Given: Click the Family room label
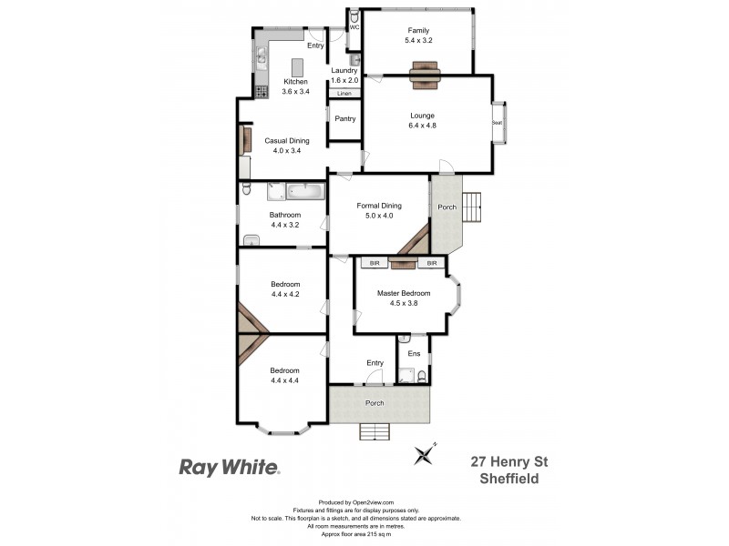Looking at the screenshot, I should (x=417, y=35).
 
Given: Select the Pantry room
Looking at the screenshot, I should (x=344, y=119).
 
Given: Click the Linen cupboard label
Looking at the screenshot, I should (x=344, y=94).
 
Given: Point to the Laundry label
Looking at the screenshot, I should (x=344, y=75).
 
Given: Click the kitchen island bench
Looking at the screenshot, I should (x=297, y=68).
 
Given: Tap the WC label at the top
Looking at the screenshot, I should (x=354, y=27).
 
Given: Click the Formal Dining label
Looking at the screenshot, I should (x=378, y=211).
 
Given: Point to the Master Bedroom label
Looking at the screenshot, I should (x=404, y=298).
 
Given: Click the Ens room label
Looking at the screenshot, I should (x=414, y=353).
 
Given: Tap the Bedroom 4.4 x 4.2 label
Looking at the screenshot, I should (x=284, y=289).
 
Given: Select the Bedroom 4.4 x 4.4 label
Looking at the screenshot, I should (x=284, y=376).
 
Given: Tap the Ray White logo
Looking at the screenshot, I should (x=229, y=468).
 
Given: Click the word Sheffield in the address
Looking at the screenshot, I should (x=512, y=479).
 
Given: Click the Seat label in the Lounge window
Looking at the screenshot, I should (x=498, y=123).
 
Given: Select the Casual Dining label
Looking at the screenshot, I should (x=287, y=146).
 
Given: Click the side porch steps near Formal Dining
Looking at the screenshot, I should (x=473, y=207).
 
